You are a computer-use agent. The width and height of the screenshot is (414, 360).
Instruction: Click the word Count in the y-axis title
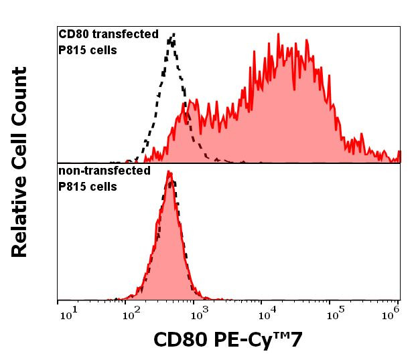click(x=19, y=96)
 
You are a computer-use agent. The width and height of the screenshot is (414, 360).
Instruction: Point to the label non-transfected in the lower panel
click(x=104, y=171)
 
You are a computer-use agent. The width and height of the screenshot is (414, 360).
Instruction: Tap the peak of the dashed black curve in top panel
click(x=173, y=34)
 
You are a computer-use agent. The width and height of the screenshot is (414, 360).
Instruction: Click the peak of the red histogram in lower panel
click(x=170, y=173)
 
